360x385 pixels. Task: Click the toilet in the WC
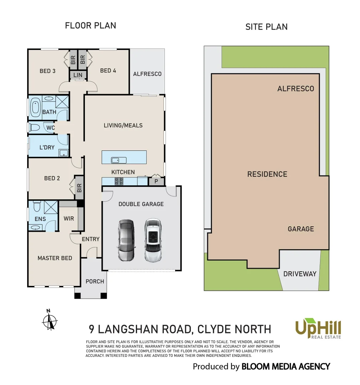[x=35, y=127]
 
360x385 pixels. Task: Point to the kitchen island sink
[x=117, y=160]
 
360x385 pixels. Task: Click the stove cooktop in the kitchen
[x=119, y=181]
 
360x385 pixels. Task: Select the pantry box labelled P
[x=156, y=181]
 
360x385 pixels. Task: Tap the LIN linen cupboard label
[x=78, y=75]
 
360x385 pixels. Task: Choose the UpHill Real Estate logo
[x=318, y=329]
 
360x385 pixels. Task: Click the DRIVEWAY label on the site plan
[x=300, y=274]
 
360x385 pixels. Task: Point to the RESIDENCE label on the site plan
[x=267, y=174]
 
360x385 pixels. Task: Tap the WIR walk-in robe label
[x=69, y=218]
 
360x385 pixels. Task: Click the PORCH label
[x=95, y=281]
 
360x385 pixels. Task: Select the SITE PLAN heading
[x=266, y=27]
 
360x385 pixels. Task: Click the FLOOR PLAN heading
[x=90, y=26]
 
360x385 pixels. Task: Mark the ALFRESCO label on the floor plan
[x=147, y=74]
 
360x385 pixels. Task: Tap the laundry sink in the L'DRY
[x=64, y=153]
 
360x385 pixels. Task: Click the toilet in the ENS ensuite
[x=36, y=207]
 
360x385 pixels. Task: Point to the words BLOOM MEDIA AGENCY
[x=286, y=366]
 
